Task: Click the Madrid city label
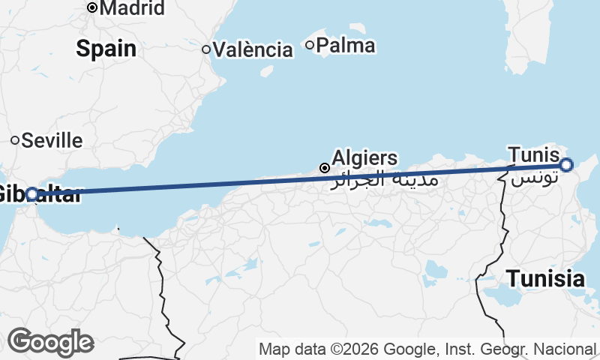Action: point(132,8)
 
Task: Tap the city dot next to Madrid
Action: point(92,8)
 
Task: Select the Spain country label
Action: point(106,49)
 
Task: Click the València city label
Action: point(253,50)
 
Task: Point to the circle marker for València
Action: point(206,49)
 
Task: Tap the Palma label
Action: point(346,46)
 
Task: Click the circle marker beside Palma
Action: point(310,45)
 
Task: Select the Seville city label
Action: point(52,140)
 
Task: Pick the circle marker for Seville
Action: point(15,140)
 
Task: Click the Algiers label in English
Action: point(364,158)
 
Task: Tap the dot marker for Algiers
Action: point(324,168)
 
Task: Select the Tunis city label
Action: point(533,154)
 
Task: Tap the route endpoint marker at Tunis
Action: point(566,165)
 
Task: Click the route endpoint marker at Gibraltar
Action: point(32,194)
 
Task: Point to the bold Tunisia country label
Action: point(545,279)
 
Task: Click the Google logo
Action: point(50,342)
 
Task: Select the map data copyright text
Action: point(427,349)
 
